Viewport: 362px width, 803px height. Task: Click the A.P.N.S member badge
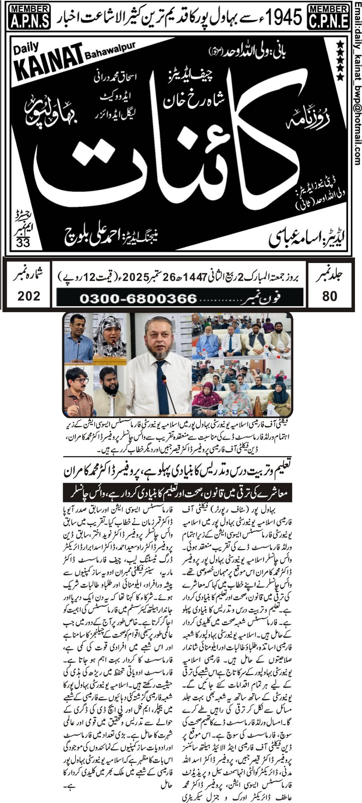pyautogui.click(x=29, y=18)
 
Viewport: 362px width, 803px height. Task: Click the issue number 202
pyautogui.click(x=29, y=296)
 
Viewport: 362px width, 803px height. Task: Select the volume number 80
pyautogui.click(x=330, y=296)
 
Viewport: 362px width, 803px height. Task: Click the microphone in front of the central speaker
pyautogui.click(x=169, y=396)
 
